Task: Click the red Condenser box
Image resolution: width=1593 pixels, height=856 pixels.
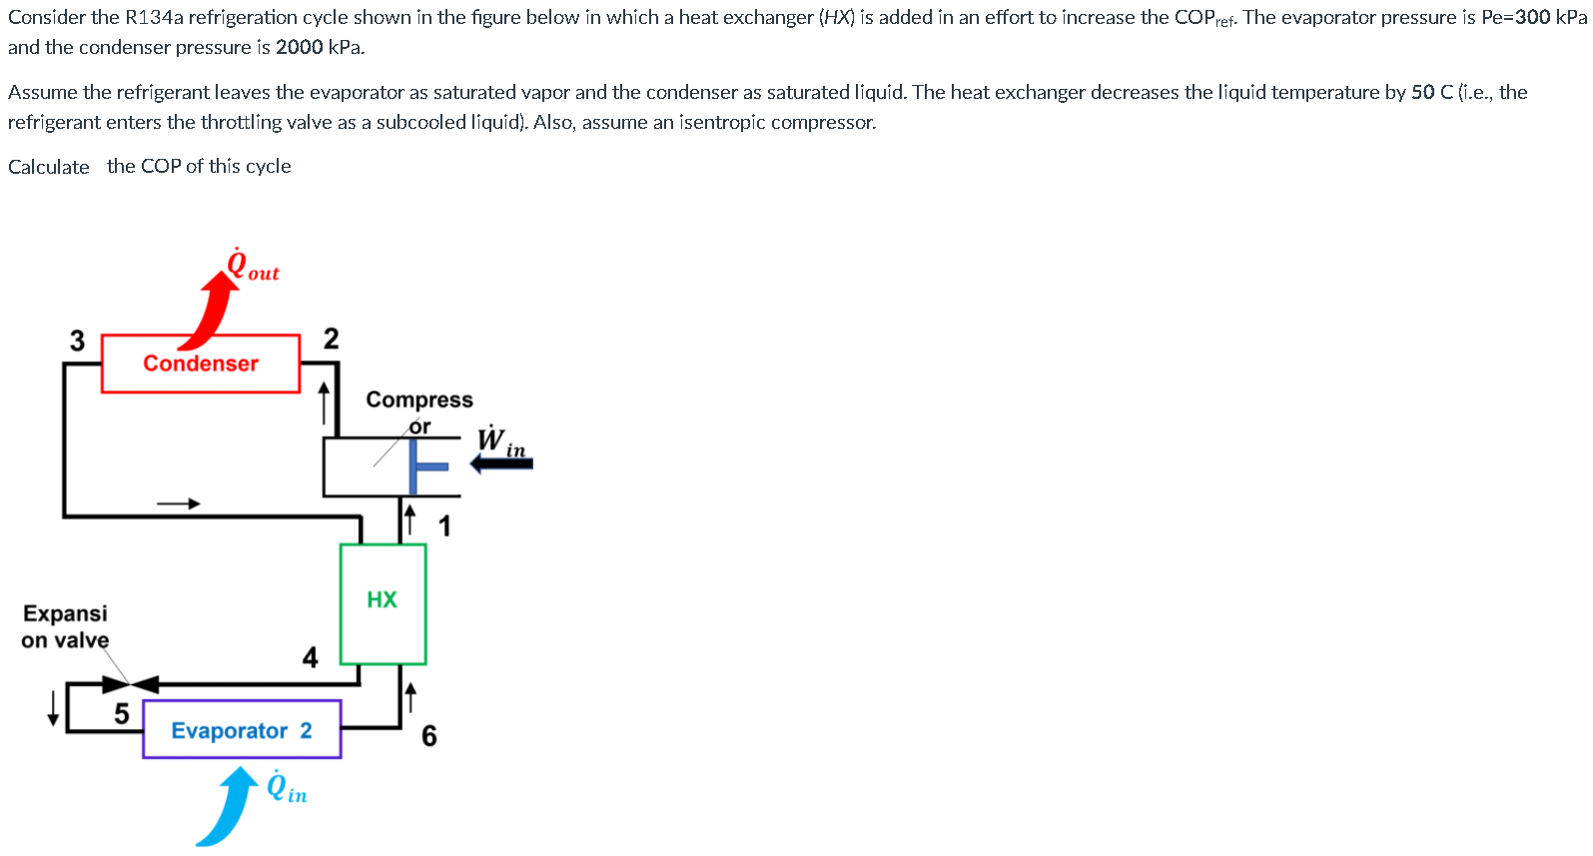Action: tap(201, 364)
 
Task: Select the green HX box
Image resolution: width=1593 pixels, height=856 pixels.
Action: tap(383, 603)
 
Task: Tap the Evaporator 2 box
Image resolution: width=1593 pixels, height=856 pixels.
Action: tap(242, 730)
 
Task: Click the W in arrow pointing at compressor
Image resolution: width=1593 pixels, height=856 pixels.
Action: tap(501, 463)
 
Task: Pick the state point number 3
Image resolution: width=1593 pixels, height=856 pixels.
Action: tap(77, 341)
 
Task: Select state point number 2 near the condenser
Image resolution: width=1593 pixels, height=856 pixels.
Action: tap(331, 339)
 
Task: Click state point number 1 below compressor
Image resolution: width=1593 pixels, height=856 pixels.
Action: tap(444, 525)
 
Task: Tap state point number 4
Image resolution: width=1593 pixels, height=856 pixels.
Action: tap(310, 657)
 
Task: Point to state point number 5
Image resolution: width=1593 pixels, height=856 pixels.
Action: tap(122, 713)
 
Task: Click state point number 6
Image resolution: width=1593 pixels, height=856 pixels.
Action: tap(429, 736)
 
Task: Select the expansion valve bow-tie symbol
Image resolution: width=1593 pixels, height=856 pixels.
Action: tap(131, 684)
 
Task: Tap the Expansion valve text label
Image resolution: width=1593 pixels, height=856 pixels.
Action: tap(65, 626)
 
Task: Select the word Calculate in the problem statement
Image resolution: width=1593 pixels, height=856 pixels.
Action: tap(49, 167)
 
